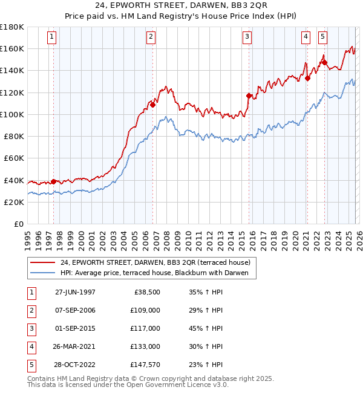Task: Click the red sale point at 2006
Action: pos(152,105)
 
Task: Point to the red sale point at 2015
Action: pos(249,96)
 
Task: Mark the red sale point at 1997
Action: pos(53,181)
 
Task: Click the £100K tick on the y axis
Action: pos(12,114)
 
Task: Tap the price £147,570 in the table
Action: pos(146,365)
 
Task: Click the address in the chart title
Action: pos(181,7)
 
